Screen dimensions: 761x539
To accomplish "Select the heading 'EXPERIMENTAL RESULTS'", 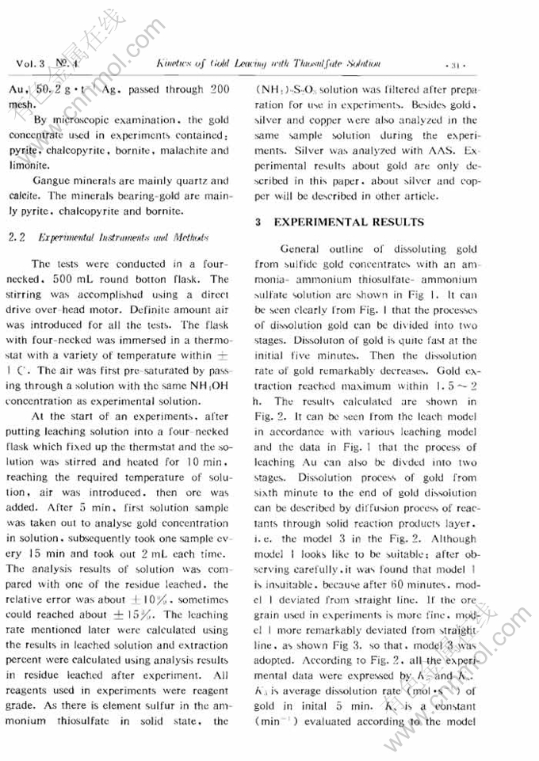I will tap(350, 223).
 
